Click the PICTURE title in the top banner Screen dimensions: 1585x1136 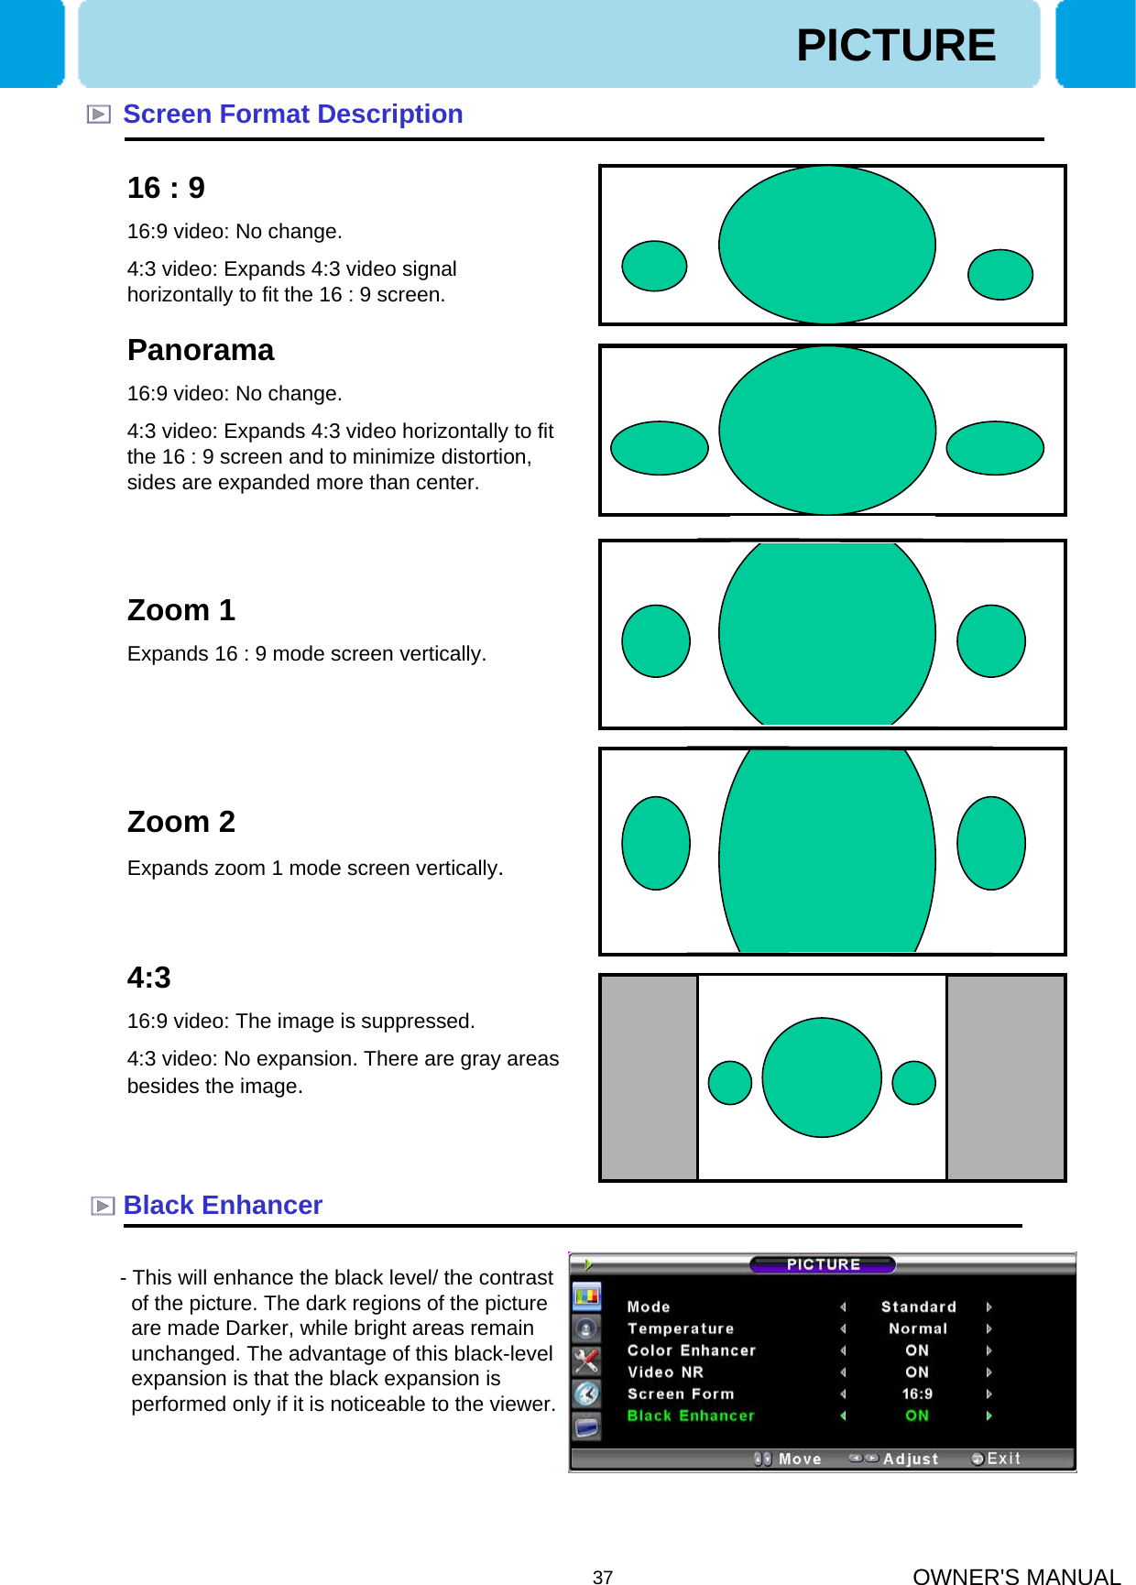895,46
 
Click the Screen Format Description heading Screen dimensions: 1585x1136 292,115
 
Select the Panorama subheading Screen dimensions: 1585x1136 201,350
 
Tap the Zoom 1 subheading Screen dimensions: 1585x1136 181,610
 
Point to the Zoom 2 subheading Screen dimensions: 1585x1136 181,822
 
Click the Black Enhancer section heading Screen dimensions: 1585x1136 223,1206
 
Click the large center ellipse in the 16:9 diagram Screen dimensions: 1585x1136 826,245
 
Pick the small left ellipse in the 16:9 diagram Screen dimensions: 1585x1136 654,266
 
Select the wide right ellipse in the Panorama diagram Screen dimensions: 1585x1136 995,448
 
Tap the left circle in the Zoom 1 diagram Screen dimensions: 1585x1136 656,641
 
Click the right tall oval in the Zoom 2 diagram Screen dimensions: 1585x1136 991,843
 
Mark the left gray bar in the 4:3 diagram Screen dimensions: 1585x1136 649,1077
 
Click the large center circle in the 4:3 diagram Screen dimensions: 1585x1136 822,1077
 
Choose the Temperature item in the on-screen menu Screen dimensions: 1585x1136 681,1328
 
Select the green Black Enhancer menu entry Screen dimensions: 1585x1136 691,1416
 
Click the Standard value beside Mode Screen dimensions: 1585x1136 918,1306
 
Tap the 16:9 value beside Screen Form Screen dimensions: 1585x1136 917,1394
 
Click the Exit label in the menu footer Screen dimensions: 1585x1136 1003,1459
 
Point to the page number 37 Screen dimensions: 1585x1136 603,1577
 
